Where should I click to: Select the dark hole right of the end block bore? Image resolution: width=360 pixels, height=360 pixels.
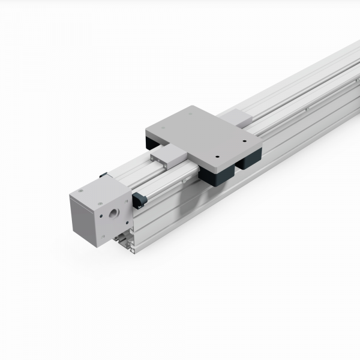tap(125, 209)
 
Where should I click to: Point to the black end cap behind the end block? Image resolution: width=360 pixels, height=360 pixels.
tap(104, 175)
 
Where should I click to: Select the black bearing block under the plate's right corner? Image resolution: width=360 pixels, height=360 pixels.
tap(249, 158)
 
